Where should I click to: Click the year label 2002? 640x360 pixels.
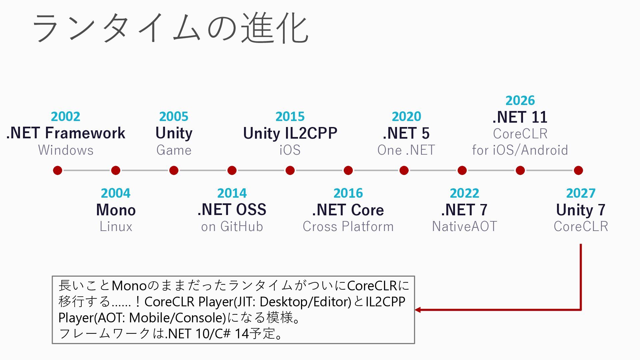tap(66, 116)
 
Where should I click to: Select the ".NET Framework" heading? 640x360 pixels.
tap(66, 133)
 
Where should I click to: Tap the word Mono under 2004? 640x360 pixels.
tap(116, 210)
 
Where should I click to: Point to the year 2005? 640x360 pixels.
tap(174, 116)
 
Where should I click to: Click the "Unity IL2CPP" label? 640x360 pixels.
tap(290, 133)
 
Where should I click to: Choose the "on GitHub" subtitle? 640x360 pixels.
tap(232, 227)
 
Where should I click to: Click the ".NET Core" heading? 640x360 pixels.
tap(348, 210)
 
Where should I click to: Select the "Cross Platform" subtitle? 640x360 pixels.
tap(348, 227)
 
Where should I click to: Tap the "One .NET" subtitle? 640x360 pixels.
tap(406, 150)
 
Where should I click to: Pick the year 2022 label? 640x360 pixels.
tap(464, 193)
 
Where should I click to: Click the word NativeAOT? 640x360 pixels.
tap(464, 227)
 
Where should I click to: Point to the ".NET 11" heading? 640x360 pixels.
tap(520, 117)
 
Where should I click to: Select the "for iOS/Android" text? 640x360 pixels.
tap(520, 150)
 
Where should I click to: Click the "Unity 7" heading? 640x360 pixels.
tap(581, 210)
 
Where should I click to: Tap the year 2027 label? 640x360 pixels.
tap(581, 193)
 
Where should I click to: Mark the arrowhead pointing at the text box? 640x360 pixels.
tap(418, 310)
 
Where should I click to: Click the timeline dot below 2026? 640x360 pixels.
tap(520, 170)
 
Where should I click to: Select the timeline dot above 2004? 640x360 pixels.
tap(116, 170)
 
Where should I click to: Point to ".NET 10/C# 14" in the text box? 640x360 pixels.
tap(207, 333)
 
